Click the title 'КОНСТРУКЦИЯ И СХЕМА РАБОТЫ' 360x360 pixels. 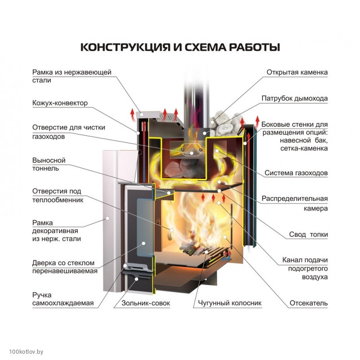pyautogui.click(x=180, y=48)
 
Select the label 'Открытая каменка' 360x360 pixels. pyautogui.click(x=297, y=72)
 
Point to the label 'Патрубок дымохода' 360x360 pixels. pyautogui.click(x=294, y=98)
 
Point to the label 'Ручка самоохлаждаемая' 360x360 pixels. pyautogui.click(x=62, y=299)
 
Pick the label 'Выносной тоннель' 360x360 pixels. pyautogui.click(x=49, y=164)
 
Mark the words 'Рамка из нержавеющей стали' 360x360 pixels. pyautogui.click(x=71, y=76)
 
